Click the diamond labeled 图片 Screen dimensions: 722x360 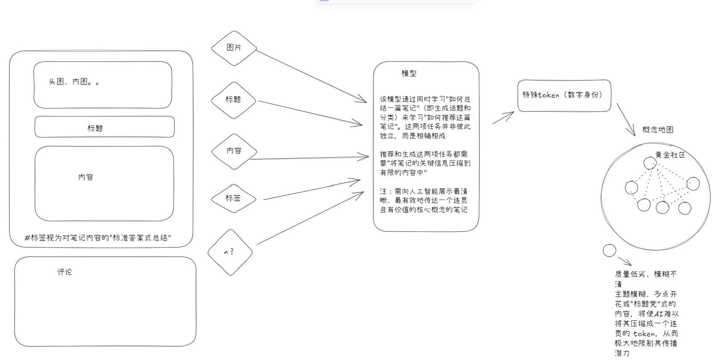tap(234, 48)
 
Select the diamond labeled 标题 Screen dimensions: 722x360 tap(234, 100)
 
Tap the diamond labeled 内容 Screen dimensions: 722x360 tap(234, 152)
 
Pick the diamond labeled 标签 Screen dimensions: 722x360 tap(234, 199)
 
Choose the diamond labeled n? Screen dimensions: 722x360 tap(230, 252)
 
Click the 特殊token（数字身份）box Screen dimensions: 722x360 tap(564, 96)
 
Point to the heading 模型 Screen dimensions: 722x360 tap(409, 73)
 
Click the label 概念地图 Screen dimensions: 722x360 tap(658, 129)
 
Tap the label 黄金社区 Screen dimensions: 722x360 tap(670, 155)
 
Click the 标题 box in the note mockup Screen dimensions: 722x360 tap(104, 127)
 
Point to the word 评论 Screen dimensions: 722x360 tap(65, 272)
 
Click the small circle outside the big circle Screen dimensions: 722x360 tap(609, 250)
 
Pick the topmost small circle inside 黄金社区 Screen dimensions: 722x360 tap(650, 163)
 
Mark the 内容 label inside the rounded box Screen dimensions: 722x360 tap(86, 177)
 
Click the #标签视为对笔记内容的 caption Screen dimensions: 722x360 tap(98, 238)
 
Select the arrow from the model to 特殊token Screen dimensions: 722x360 tap(503, 118)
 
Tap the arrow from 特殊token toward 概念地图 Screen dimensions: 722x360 tap(625, 120)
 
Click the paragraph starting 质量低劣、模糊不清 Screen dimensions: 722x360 tap(646, 313)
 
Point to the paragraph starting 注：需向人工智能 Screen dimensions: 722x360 tap(423, 200)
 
